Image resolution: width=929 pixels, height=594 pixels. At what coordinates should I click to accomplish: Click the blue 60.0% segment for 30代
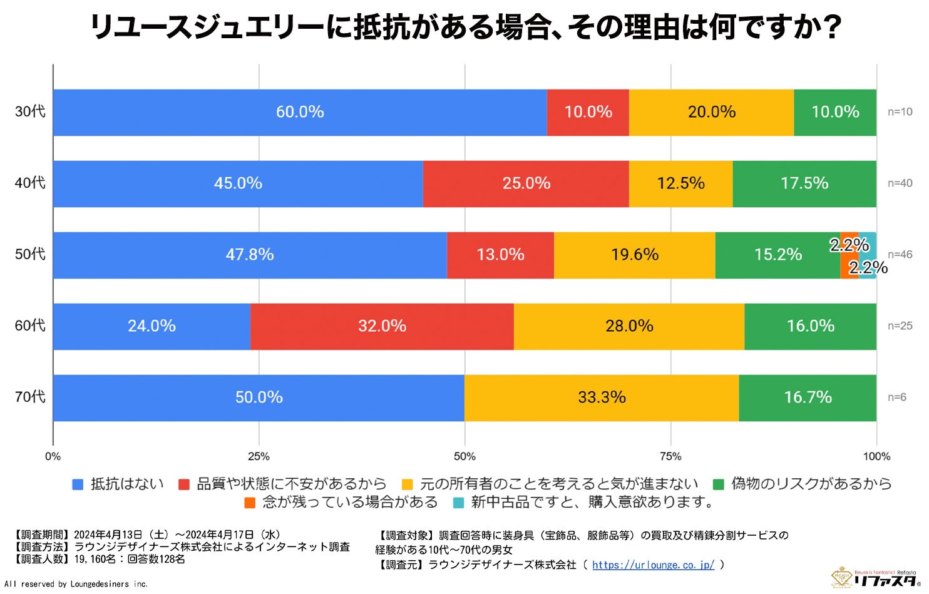click(300, 113)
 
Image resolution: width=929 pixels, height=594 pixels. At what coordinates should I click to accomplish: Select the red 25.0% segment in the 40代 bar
click(526, 184)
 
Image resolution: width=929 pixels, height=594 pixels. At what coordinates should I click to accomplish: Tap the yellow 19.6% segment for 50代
click(634, 255)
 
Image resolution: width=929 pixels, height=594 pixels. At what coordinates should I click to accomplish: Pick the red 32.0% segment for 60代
click(382, 327)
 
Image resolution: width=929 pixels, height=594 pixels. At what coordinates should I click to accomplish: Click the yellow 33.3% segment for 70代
click(602, 398)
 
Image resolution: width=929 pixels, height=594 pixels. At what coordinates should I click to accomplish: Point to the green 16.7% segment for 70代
click(808, 398)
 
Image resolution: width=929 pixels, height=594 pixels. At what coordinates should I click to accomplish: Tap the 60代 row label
click(30, 325)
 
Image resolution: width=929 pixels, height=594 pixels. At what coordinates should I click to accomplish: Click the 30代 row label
click(30, 111)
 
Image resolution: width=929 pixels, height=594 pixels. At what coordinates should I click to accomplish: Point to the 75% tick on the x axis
click(670, 456)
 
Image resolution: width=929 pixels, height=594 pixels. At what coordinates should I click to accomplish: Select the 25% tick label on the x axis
click(259, 456)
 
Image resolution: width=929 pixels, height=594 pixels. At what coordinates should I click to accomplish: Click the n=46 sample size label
click(900, 255)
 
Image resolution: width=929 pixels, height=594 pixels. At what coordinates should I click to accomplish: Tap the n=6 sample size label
click(896, 397)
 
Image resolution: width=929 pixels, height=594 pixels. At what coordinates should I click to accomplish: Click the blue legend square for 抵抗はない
click(78, 484)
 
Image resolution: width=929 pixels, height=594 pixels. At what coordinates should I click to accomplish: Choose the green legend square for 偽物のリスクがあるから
click(719, 484)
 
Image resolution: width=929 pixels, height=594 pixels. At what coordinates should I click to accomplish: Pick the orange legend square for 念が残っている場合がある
click(250, 503)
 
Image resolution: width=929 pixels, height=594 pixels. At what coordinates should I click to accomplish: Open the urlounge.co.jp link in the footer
click(653, 565)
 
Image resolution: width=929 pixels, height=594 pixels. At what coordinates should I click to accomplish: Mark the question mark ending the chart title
click(831, 28)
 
